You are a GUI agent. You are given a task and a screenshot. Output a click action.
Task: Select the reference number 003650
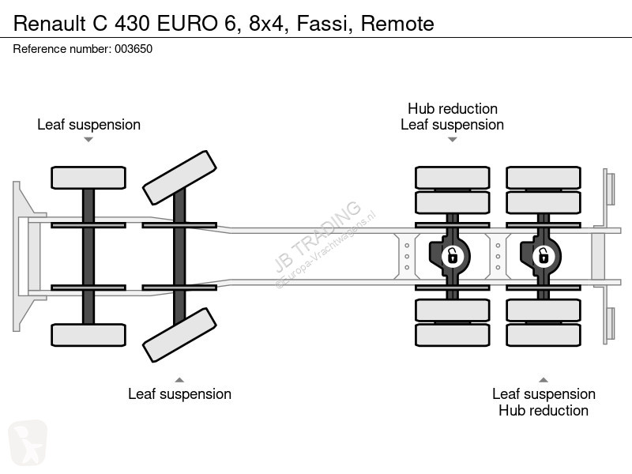(134, 49)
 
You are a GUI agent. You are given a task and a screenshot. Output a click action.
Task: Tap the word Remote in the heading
(397, 24)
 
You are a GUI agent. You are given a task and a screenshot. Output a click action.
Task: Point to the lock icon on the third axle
(452, 256)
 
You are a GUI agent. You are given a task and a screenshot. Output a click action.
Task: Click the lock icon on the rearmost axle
(543, 256)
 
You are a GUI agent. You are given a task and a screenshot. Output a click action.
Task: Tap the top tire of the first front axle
(88, 178)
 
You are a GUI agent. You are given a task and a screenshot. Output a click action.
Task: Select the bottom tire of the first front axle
(88, 335)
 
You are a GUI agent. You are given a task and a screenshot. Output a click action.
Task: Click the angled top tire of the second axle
(180, 178)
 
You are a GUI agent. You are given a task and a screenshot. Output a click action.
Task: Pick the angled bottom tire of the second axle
(180, 335)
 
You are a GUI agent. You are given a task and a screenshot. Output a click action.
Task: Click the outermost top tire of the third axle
(452, 177)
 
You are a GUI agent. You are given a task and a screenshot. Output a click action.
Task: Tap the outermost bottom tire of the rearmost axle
(544, 335)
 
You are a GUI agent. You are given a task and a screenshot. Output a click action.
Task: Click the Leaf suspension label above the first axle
(88, 125)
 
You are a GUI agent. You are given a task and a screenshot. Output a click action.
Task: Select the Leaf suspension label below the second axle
(180, 393)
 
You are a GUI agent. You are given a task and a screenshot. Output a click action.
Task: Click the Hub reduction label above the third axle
(453, 108)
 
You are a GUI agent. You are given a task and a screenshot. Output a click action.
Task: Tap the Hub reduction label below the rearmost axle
(544, 410)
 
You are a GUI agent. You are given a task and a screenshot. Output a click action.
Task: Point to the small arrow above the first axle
(88, 140)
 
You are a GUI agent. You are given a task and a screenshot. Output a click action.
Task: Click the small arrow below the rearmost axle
(544, 380)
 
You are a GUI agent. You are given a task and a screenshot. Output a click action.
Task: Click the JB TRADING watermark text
(318, 235)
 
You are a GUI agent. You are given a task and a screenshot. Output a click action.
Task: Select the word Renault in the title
(50, 24)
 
